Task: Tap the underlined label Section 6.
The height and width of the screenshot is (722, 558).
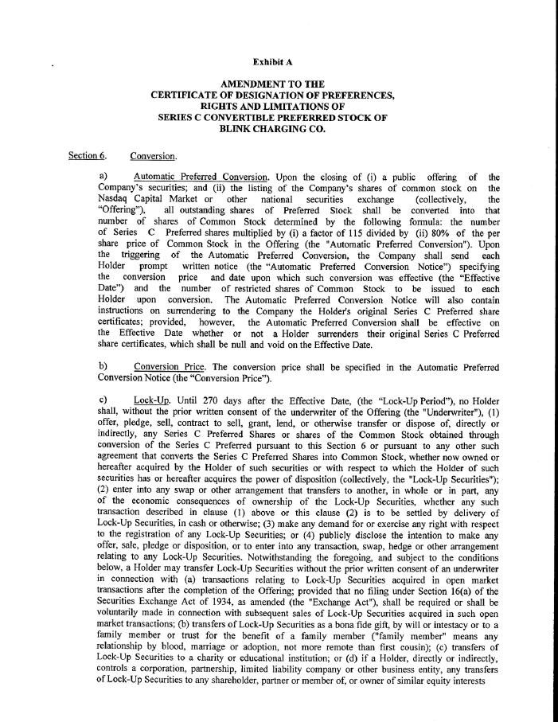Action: point(87,155)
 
